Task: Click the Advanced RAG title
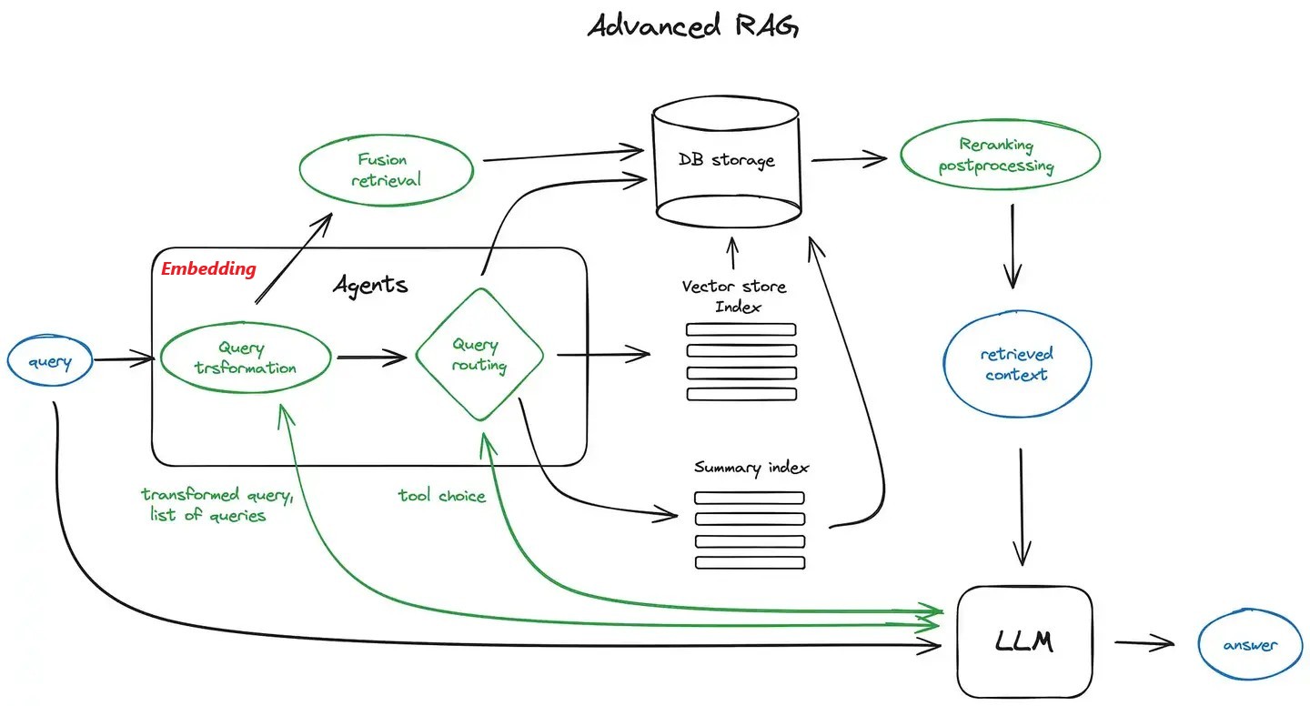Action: pyautogui.click(x=693, y=25)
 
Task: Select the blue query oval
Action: pyautogui.click(x=50, y=362)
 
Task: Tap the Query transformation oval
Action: pyautogui.click(x=245, y=358)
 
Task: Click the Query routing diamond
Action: pyautogui.click(x=479, y=355)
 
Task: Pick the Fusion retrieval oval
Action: pyautogui.click(x=387, y=170)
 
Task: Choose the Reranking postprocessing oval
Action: pyautogui.click(x=998, y=155)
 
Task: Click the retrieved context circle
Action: pyautogui.click(x=1016, y=364)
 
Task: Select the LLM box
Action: pyautogui.click(x=1024, y=641)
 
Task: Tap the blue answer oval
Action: pyautogui.click(x=1249, y=645)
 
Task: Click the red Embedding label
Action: pyautogui.click(x=208, y=269)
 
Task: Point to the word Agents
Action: pyautogui.click(x=370, y=285)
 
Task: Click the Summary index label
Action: pyautogui.click(x=751, y=468)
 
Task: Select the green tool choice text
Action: pyautogui.click(x=442, y=496)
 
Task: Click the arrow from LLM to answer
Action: pyautogui.click(x=1144, y=643)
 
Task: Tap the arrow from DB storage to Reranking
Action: pyautogui.click(x=848, y=159)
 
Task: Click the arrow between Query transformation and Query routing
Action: pyautogui.click(x=371, y=358)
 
